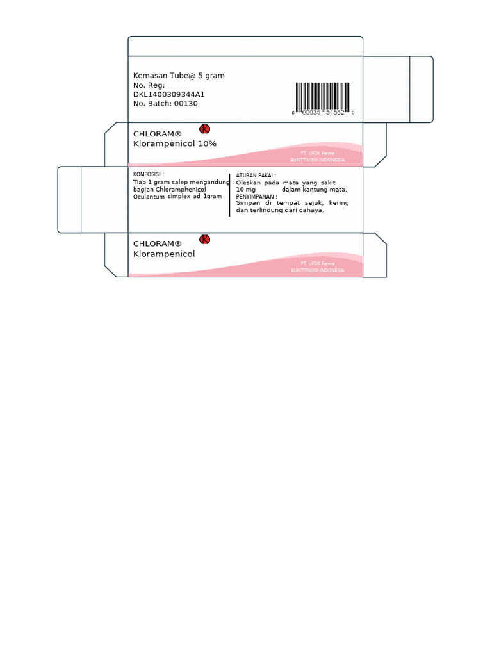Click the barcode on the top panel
[x=324, y=97]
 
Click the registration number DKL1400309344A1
[x=169, y=94]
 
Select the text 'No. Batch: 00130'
[x=165, y=103]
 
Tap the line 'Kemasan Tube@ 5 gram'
[x=179, y=76]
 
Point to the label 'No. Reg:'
[x=149, y=85]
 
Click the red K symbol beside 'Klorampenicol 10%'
[x=205, y=129]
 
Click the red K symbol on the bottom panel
[x=205, y=240]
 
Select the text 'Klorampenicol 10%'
[x=175, y=144]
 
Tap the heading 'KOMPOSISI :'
[x=148, y=174]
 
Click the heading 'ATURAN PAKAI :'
[x=256, y=175]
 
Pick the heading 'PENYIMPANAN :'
[x=257, y=197]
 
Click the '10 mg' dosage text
[x=245, y=190]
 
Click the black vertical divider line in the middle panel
[x=229, y=195]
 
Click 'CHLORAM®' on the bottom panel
[x=158, y=243]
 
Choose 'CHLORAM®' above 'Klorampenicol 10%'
[x=158, y=134]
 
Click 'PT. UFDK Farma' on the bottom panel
[x=317, y=264]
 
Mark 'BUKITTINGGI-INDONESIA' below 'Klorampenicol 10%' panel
[x=318, y=160]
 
